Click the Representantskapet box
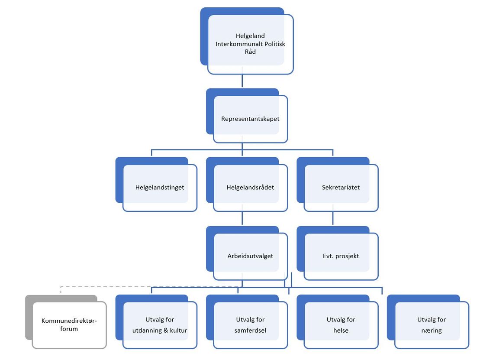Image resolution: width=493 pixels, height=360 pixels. click(247, 116)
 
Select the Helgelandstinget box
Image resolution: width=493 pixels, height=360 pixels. click(157, 185)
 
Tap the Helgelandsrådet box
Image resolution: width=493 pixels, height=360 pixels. click(247, 185)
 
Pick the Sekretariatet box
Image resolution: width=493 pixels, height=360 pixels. click(338, 185)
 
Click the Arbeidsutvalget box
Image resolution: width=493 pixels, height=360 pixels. click(247, 253)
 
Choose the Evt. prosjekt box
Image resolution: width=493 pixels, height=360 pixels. click(338, 253)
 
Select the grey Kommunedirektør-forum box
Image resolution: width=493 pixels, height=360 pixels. click(66, 322)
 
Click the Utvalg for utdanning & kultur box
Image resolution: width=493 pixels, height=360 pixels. click(157, 322)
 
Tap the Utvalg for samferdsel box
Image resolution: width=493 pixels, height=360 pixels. click(247, 322)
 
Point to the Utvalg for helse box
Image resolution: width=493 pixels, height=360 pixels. click(338, 322)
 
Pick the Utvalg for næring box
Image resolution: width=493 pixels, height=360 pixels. click(428, 322)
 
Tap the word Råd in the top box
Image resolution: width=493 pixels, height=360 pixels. click(250, 52)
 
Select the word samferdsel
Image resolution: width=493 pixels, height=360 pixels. click(250, 331)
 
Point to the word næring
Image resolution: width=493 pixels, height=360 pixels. click(432, 331)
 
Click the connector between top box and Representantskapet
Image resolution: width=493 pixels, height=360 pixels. click(242, 81)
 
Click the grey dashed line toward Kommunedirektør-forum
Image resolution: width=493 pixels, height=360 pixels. click(149, 287)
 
